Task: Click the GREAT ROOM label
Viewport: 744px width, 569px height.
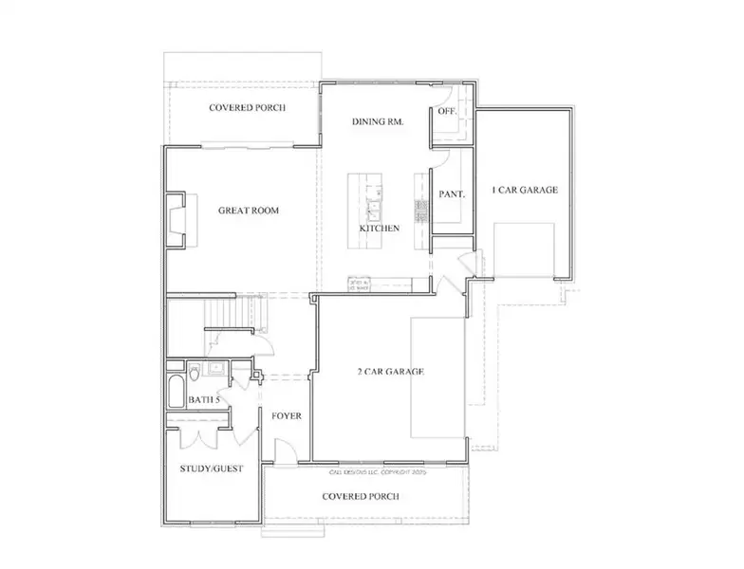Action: tap(248, 211)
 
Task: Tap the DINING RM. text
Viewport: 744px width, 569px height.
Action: tap(379, 121)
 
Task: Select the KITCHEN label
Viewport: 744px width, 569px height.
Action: tap(379, 229)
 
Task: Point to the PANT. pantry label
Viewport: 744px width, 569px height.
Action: tap(451, 194)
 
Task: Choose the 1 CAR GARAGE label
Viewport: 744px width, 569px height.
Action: tap(525, 190)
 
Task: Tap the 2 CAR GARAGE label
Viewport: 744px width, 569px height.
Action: tap(388, 371)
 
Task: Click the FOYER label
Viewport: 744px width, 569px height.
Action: tap(287, 416)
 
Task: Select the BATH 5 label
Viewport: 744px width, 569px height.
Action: tap(203, 400)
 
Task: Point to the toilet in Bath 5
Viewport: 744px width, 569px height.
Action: tap(194, 371)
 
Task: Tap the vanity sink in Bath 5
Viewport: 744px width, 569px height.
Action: tap(217, 369)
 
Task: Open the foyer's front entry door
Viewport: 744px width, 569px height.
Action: tap(280, 452)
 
